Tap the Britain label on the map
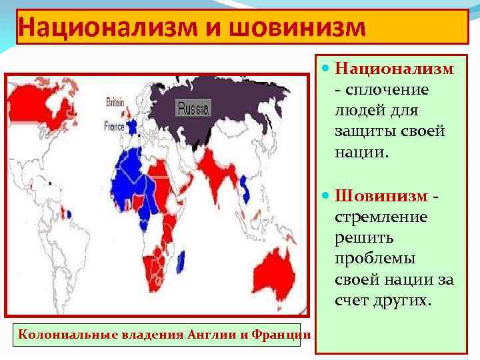(115, 102)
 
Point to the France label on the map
(115, 123)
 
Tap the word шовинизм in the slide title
(297, 28)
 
